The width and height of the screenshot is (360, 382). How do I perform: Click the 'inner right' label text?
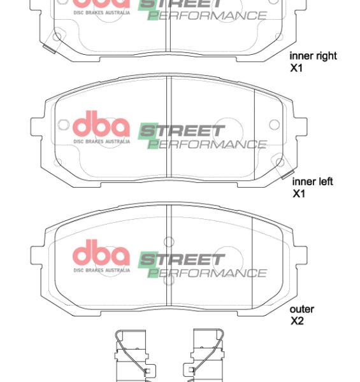click(x=313, y=55)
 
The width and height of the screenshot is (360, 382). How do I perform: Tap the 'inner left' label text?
click(x=312, y=182)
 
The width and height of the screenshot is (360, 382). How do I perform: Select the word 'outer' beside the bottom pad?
click(x=302, y=309)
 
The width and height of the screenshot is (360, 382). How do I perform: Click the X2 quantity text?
click(x=297, y=321)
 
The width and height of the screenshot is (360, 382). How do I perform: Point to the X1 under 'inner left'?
click(x=299, y=194)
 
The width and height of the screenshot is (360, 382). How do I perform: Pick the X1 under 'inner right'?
click(x=296, y=67)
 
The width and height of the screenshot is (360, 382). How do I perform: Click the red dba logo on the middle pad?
click(x=101, y=125)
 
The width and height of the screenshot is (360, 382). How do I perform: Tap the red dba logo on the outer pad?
click(x=101, y=253)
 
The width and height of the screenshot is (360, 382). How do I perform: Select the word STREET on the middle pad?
click(x=182, y=132)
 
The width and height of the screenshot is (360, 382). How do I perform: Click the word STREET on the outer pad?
click(x=182, y=260)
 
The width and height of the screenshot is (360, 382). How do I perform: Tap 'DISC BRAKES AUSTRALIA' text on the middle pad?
click(x=101, y=141)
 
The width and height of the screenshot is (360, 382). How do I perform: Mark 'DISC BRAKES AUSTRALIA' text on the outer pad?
click(x=101, y=270)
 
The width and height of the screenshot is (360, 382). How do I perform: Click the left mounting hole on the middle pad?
click(x=62, y=125)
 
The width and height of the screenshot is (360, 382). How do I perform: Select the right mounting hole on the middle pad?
click(x=274, y=125)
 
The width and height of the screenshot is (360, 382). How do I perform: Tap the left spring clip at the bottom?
click(x=131, y=357)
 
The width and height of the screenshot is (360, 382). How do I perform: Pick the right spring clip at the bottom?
click(x=206, y=357)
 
